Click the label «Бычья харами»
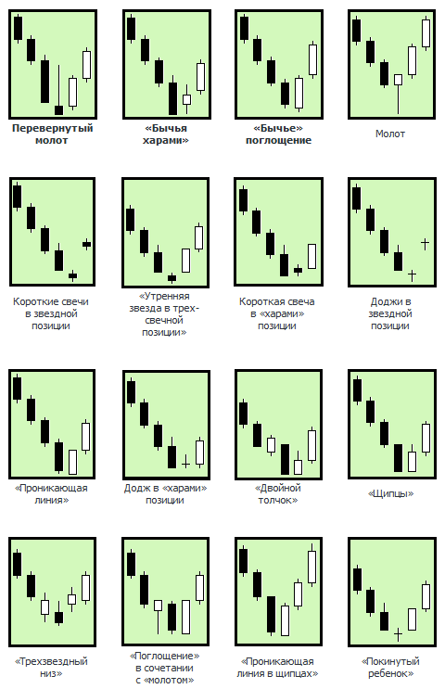pyautogui.click(x=166, y=134)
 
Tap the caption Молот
pyautogui.click(x=390, y=134)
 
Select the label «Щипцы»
pyautogui.click(x=390, y=493)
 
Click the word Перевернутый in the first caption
pyautogui.click(x=52, y=128)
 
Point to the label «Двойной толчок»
pyautogui.click(x=277, y=494)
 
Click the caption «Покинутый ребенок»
pyautogui.click(x=390, y=667)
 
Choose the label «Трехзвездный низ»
pyautogui.click(x=51, y=667)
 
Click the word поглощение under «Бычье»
pyautogui.click(x=278, y=140)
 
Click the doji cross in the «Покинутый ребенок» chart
pyautogui.click(x=398, y=634)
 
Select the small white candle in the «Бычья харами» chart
pyautogui.click(x=186, y=99)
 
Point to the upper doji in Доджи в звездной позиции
pyautogui.click(x=425, y=243)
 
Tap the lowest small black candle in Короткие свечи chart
pyautogui.click(x=72, y=275)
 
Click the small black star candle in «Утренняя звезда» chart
pyautogui.click(x=172, y=277)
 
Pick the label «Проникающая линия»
pyautogui.click(x=51, y=494)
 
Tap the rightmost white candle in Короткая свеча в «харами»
pyautogui.click(x=311, y=256)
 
